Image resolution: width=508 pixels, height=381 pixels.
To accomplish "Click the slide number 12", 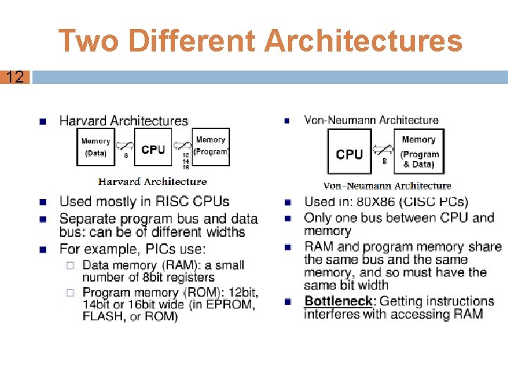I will point(15,77).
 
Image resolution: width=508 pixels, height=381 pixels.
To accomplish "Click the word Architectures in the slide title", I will point(364,40).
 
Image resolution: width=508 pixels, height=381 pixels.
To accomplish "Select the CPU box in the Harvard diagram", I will point(153,149).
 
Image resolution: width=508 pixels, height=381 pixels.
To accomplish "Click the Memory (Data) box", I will point(95,147).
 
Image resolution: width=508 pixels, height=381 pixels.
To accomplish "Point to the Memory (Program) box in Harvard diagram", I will point(210,146).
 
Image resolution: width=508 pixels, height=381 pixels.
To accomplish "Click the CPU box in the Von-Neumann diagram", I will point(349,154).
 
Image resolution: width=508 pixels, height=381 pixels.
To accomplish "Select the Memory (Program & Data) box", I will point(419,152).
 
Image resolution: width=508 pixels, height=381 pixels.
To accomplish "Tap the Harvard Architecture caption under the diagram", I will point(152,181).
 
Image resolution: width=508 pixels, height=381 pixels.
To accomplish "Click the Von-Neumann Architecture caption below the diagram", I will point(387,186).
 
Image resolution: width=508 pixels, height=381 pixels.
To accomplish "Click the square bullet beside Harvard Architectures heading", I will point(44,121).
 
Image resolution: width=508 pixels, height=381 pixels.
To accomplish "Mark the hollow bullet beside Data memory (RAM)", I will point(70,265).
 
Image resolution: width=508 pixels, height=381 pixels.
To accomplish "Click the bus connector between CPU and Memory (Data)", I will point(126,145).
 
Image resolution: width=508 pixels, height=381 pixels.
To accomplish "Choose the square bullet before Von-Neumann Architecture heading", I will point(287,121).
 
